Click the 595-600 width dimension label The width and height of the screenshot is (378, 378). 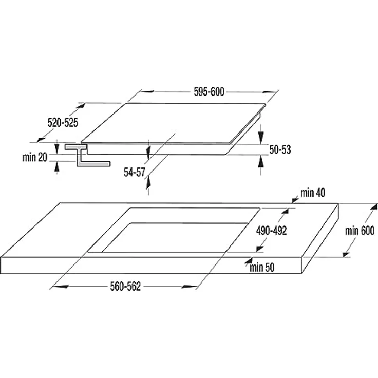(x=209, y=92)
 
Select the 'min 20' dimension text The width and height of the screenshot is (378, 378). (x=35, y=158)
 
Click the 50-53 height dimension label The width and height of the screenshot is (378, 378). (x=280, y=149)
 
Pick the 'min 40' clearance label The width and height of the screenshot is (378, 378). (x=313, y=193)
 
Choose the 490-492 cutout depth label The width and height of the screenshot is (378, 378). (x=271, y=231)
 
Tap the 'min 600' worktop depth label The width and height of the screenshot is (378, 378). (x=360, y=231)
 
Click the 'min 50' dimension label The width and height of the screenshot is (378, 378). (x=262, y=267)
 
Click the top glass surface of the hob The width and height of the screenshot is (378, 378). (x=175, y=122)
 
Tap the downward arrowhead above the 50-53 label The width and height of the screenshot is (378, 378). (x=261, y=137)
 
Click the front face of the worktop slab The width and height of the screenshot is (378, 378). (x=149, y=266)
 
